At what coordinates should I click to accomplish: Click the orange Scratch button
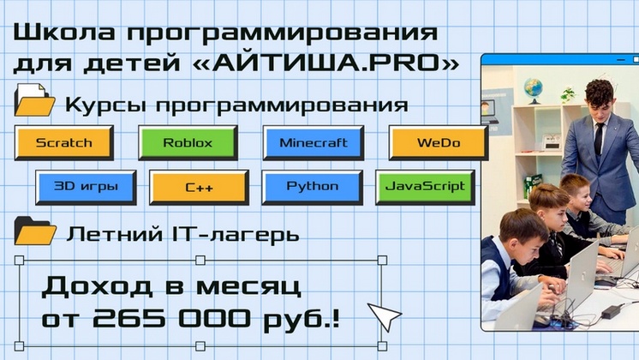63,143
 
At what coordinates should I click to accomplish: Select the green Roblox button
188,143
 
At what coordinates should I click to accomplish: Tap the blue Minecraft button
313,143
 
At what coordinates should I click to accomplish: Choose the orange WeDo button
438,143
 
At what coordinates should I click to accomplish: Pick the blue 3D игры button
85,186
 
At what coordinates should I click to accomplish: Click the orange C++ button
199,186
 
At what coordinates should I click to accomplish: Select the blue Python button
312,186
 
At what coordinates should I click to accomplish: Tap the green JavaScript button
425,186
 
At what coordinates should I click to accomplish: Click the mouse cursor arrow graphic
385,315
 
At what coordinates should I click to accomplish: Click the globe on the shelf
534,87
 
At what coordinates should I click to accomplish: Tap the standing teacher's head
598,95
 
